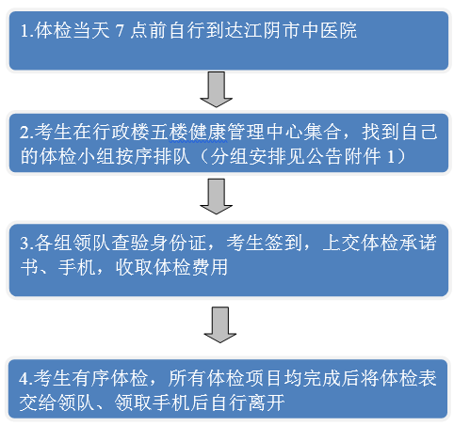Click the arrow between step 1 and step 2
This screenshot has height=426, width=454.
[217, 89]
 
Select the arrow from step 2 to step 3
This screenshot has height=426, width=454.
[217, 197]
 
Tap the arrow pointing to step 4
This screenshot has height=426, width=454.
[220, 324]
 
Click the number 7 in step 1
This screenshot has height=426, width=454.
[120, 31]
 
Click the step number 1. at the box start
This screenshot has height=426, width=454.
[27, 31]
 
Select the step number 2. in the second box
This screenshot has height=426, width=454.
[27, 132]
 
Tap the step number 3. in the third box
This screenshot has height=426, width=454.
[27, 243]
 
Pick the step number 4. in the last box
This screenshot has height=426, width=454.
[25, 378]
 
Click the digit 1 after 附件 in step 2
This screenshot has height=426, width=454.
[391, 156]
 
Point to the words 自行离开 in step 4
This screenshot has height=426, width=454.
[248, 402]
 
